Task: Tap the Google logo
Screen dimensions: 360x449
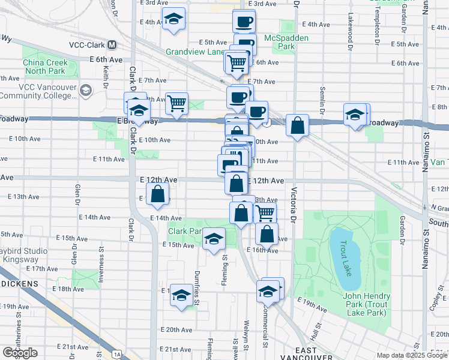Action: click(x=20, y=353)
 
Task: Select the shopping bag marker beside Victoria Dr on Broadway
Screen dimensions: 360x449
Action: click(x=297, y=125)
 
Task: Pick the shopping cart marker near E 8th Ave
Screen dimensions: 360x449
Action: click(x=176, y=104)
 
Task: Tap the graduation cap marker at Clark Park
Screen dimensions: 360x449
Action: click(x=214, y=239)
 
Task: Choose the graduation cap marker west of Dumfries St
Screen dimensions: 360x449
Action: click(x=181, y=295)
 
